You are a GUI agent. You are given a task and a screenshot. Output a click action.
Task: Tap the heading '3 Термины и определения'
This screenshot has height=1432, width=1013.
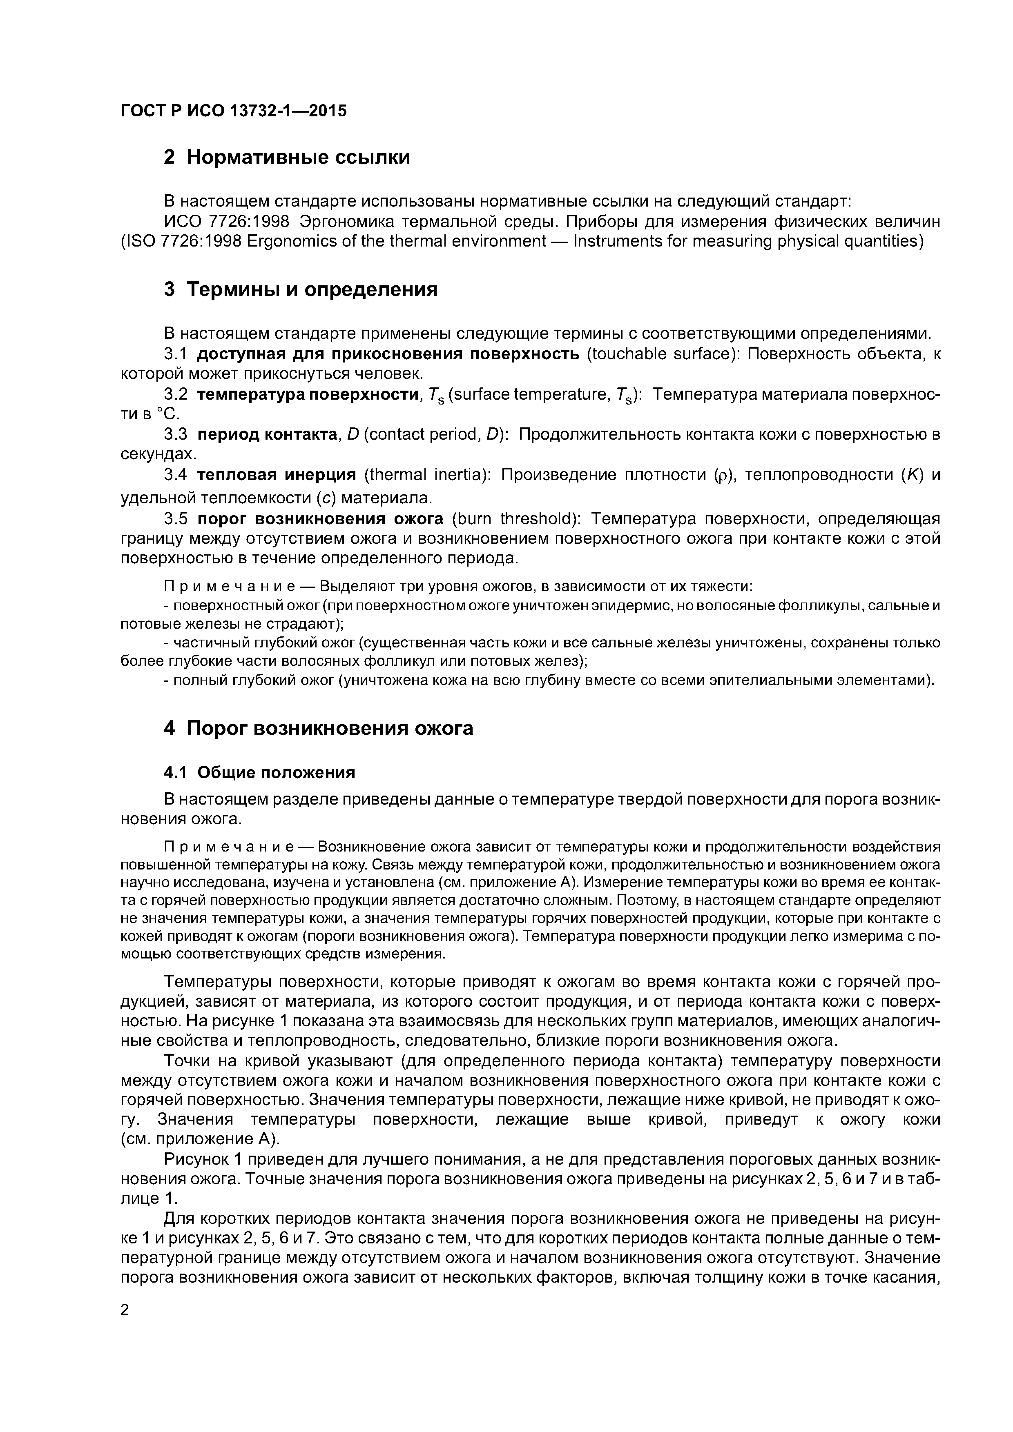point(300,289)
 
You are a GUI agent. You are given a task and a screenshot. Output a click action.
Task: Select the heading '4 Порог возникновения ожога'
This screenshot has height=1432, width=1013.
point(318,728)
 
